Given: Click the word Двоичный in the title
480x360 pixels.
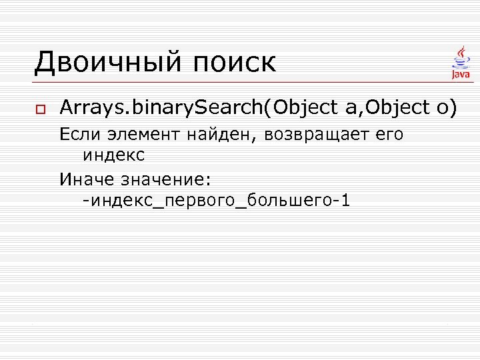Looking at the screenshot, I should click(107, 63).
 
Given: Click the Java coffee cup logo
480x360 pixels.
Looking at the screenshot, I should click(461, 62).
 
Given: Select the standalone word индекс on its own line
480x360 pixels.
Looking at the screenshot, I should click(113, 155).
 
